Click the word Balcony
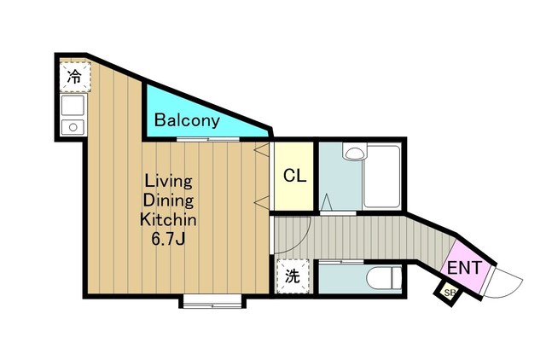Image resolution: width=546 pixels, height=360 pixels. [187, 120]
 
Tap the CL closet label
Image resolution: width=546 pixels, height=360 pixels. [294, 176]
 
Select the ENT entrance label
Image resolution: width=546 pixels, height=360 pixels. [464, 268]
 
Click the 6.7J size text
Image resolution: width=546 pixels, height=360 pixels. [168, 239]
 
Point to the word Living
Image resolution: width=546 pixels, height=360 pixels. [168, 182]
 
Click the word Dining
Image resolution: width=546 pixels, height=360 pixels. [168, 200]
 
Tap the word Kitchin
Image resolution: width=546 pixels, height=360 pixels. [168, 220]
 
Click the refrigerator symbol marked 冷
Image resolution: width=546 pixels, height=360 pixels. [74, 77]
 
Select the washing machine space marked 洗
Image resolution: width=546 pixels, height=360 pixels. [293, 276]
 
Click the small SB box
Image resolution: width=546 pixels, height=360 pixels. [449, 293]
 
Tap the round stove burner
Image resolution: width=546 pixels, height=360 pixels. [73, 127]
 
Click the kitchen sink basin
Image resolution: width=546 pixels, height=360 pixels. [73, 105]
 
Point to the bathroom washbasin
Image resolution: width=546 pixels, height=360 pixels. [355, 152]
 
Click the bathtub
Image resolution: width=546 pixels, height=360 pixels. [382, 177]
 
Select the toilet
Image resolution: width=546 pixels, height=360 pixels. [384, 277]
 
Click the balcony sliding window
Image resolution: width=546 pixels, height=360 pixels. [208, 139]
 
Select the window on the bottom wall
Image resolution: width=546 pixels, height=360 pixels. [212, 301]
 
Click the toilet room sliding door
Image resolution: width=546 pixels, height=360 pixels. [341, 261]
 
